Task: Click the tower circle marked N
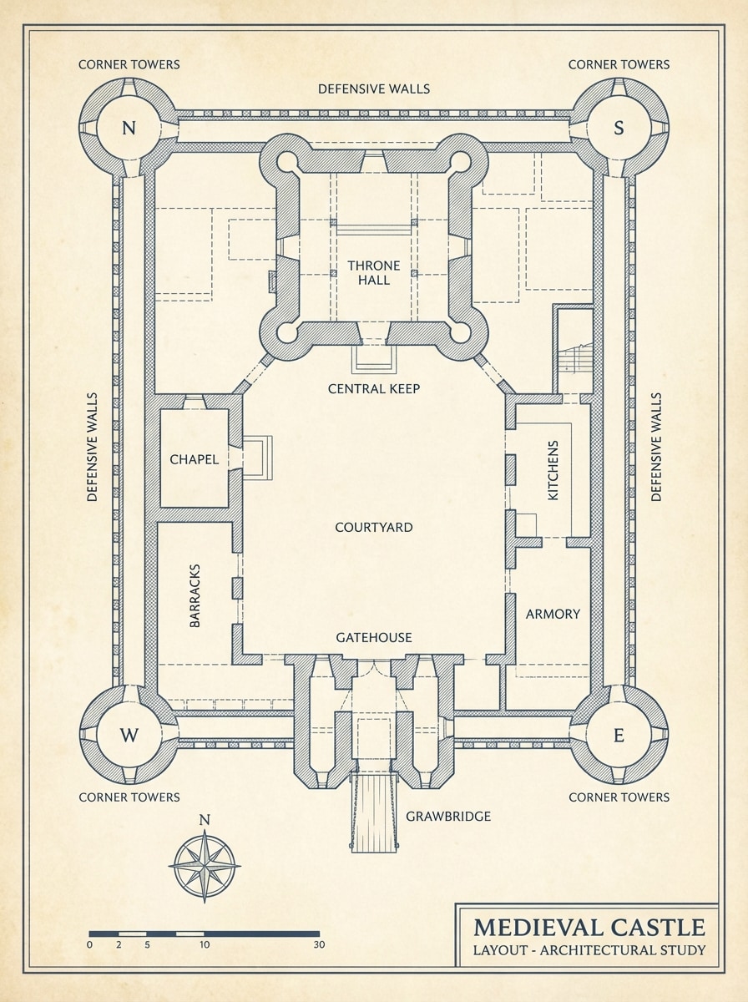(128, 128)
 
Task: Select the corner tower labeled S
(619, 128)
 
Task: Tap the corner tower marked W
(128, 735)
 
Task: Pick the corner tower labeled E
(619, 735)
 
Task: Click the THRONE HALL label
(374, 273)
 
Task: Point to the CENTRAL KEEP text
(373, 388)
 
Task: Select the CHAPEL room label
(194, 459)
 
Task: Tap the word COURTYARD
(373, 527)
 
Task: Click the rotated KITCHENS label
(553, 470)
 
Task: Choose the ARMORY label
(553, 614)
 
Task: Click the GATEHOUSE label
(373, 637)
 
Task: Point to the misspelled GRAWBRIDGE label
(447, 816)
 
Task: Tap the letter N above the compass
(205, 819)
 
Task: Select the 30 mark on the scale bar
(319, 945)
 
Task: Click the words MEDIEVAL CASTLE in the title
(589, 927)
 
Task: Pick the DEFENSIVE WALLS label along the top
(374, 89)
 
